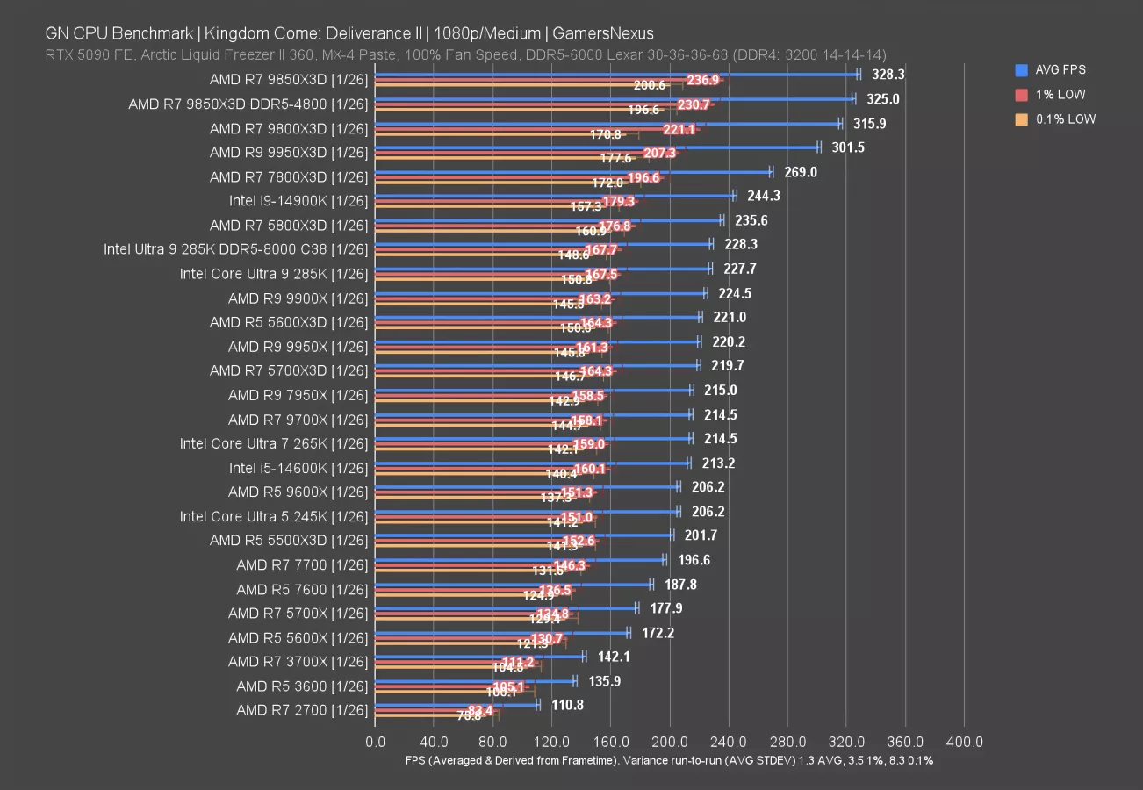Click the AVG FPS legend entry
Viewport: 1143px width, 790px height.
point(1060,69)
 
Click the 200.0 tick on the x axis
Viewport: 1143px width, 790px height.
point(670,742)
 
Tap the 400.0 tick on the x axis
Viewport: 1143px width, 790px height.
point(965,742)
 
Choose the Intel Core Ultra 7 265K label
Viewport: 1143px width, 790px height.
point(274,443)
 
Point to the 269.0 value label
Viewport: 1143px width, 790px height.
point(800,172)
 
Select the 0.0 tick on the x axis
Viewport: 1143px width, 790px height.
point(375,742)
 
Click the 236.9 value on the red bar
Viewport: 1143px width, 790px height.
point(703,80)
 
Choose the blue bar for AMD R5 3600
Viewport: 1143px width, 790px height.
point(475,680)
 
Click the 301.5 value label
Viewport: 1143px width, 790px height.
point(848,147)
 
